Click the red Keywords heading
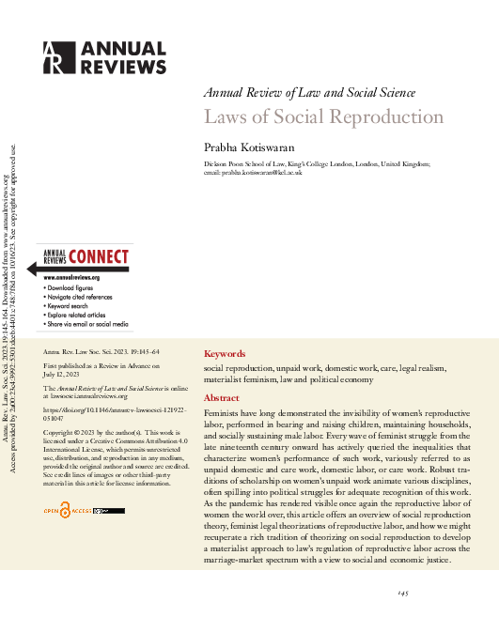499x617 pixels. pyautogui.click(x=225, y=354)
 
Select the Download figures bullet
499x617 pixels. pyautogui.click(x=74, y=288)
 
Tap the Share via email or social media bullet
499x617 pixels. pyautogui.click(x=87, y=324)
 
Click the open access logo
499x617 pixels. pyautogui.click(x=77, y=511)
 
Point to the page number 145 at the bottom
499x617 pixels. pyautogui.click(x=403, y=594)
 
